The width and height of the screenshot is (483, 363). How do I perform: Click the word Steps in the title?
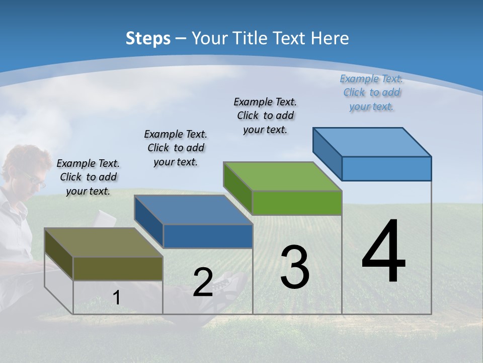coord(148,38)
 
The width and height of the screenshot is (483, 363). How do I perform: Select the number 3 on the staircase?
coord(295,267)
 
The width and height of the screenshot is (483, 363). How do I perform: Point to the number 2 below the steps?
coord(203,282)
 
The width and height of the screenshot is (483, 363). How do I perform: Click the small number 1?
coord(117,298)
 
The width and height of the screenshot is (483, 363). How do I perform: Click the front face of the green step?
coord(297,203)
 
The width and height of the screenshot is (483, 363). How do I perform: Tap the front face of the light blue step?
coord(386,168)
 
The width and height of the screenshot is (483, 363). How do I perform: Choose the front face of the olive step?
coord(118,268)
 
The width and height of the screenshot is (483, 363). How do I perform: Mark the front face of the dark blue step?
coord(208,236)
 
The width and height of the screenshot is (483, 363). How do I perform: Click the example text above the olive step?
coord(88,177)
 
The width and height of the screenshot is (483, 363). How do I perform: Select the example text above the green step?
coord(265,115)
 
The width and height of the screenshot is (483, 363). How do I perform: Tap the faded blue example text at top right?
coord(371,92)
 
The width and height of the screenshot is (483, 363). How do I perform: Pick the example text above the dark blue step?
coord(176,148)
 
